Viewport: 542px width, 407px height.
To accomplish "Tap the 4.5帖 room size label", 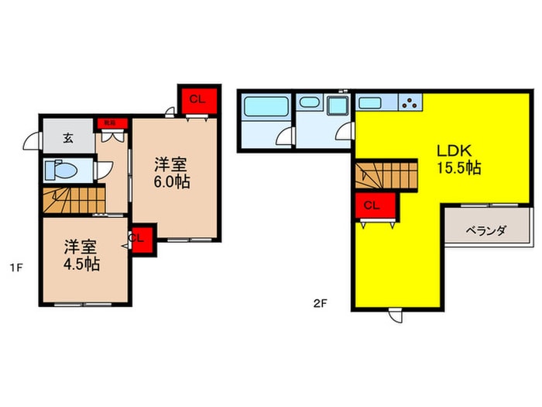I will click(x=81, y=264).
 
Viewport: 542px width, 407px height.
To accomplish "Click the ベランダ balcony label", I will click(x=485, y=230).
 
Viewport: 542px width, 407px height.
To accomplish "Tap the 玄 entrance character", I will click(x=68, y=139).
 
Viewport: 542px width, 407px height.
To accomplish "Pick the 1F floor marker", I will click(x=15, y=269).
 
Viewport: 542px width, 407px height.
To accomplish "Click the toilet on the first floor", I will click(x=60, y=170).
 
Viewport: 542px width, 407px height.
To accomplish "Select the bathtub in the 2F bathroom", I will click(x=265, y=106).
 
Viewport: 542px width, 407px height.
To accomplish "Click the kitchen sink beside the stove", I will click(x=370, y=102).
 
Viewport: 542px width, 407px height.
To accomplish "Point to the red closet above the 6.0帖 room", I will click(x=197, y=99).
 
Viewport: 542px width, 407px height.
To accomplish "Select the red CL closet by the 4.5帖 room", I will click(x=141, y=238).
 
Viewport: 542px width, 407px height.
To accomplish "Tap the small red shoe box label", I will click(x=105, y=122).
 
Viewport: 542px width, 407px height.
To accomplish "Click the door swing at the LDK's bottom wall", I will click(x=395, y=316).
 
